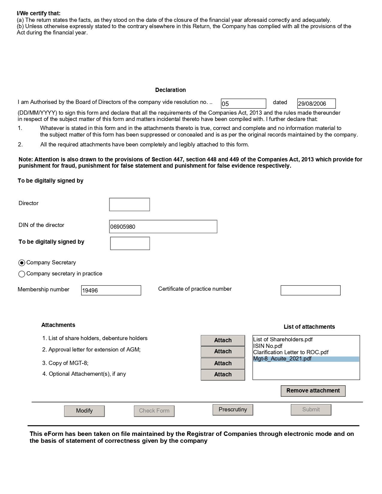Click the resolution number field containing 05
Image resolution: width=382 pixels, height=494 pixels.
point(243,104)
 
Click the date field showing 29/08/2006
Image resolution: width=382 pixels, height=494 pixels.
point(316,104)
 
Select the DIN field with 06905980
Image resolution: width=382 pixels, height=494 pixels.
point(163,227)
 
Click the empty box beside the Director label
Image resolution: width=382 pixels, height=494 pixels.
point(129,204)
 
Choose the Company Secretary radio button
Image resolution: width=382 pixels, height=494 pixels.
point(22,263)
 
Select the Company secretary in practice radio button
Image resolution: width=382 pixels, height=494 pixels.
point(22,274)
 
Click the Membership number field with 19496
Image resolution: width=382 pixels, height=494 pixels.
point(111,290)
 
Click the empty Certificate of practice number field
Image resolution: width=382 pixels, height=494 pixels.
point(310,290)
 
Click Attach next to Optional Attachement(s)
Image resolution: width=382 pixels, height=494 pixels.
point(223,375)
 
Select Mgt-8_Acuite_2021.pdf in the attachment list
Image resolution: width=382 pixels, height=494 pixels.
point(282,359)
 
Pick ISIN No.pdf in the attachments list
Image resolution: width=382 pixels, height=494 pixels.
point(268,346)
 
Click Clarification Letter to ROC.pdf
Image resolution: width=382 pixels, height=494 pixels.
point(291,352)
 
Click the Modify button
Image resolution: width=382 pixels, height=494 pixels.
point(84,411)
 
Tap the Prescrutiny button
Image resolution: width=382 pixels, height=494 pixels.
point(233,410)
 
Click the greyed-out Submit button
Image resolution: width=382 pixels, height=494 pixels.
point(311,410)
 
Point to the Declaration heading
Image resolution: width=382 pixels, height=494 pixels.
point(170,90)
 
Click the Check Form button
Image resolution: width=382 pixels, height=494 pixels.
point(154,411)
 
